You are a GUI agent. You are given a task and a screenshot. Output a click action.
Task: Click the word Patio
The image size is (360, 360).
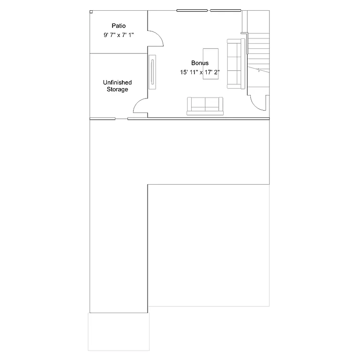pos(119,26)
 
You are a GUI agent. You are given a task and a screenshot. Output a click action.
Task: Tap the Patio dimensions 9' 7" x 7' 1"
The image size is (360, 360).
pos(119,35)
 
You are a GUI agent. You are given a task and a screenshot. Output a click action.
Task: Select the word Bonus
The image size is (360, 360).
pos(200,63)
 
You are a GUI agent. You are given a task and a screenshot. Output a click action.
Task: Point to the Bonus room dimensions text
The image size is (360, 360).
pos(200,72)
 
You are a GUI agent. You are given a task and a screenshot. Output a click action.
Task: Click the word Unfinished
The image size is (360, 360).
pos(117,82)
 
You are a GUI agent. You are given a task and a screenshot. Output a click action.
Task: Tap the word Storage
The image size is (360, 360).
pos(117,90)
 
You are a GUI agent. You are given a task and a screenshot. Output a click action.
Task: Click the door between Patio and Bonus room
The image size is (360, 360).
pos(156,38)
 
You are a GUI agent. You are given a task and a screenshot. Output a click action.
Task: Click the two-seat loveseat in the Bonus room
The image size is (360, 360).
pos(205,105)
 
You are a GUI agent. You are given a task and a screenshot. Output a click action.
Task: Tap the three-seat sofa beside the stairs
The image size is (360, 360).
pos(236,64)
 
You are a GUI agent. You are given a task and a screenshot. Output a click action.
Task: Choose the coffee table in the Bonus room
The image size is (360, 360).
pos(211,63)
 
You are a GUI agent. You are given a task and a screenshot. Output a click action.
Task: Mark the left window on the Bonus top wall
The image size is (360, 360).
pos(192,10)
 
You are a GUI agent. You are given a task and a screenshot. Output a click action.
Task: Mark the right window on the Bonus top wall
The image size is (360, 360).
pos(225,10)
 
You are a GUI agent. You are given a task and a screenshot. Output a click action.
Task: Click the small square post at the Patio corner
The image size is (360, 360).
pos(91,12)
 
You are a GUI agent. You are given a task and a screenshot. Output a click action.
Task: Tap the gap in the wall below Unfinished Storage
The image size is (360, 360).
pos(121,119)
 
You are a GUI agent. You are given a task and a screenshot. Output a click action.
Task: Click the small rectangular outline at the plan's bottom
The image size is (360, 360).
pos(119,331)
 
